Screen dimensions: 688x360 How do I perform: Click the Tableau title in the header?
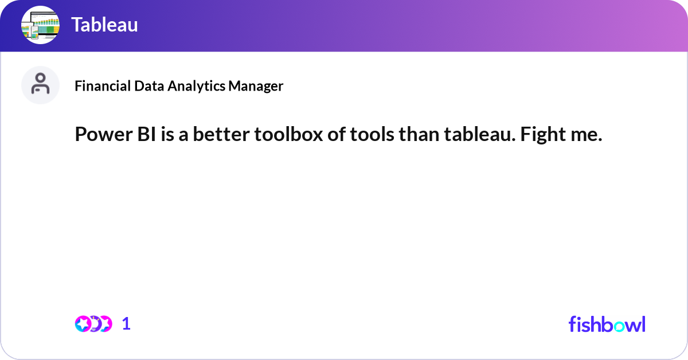pyautogui.click(x=104, y=25)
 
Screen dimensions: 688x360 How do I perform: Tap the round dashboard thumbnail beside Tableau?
pyautogui.click(x=40, y=25)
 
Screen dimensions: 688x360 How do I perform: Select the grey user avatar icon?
pyautogui.click(x=40, y=85)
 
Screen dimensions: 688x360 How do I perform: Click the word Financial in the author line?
pyautogui.click(x=103, y=85)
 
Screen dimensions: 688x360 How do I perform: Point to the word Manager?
pyautogui.click(x=256, y=86)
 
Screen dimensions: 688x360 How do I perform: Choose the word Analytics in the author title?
pyautogui.click(x=196, y=86)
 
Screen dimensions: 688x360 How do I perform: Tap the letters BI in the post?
pyautogui.click(x=147, y=134)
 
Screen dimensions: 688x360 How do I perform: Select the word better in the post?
pyautogui.click(x=221, y=134)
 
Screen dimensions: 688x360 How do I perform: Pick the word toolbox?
pyautogui.click(x=288, y=134)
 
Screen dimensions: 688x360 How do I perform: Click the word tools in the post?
pyautogui.click(x=372, y=134)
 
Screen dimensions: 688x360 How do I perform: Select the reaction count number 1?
pyautogui.click(x=126, y=324)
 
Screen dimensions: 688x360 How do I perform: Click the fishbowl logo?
pyautogui.click(x=607, y=324)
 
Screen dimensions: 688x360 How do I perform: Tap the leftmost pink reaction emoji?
pyautogui.click(x=83, y=324)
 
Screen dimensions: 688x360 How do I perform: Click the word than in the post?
pyautogui.click(x=419, y=134)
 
